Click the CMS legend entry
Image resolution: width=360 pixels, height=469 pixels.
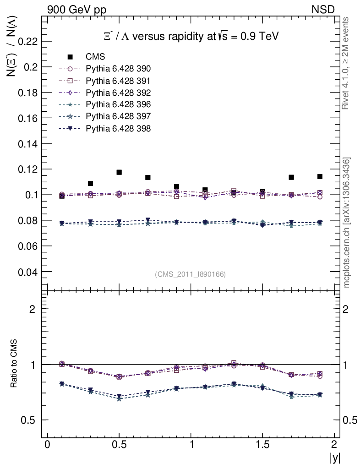95,57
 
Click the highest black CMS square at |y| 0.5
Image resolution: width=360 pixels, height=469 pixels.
119,172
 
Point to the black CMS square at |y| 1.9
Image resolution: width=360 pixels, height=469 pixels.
320,176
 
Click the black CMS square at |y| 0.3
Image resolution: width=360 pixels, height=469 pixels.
90,184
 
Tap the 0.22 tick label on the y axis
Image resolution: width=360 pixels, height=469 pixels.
27,41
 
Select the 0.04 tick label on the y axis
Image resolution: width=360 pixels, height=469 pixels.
27,272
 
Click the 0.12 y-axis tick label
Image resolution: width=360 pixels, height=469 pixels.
27,169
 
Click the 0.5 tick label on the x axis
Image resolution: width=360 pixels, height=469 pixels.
119,445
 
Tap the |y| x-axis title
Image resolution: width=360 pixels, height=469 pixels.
335,458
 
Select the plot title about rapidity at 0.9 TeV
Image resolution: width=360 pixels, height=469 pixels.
191,37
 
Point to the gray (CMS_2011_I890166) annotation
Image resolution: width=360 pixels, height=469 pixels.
191,274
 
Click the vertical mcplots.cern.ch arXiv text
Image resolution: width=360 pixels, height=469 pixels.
347,223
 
